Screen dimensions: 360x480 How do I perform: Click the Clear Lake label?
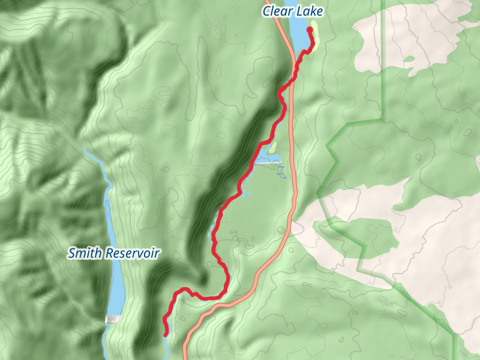tap(292, 11)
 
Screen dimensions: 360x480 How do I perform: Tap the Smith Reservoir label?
tap(113, 253)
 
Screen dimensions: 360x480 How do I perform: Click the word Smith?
tap(84, 253)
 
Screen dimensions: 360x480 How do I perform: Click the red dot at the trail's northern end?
tap(310, 29)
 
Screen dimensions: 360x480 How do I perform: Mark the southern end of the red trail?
tap(166, 334)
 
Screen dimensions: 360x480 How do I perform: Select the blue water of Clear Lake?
tap(298, 33)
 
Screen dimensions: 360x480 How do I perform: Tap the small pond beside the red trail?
tap(268, 160)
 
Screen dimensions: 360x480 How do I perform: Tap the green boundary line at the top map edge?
tap(382, 3)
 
